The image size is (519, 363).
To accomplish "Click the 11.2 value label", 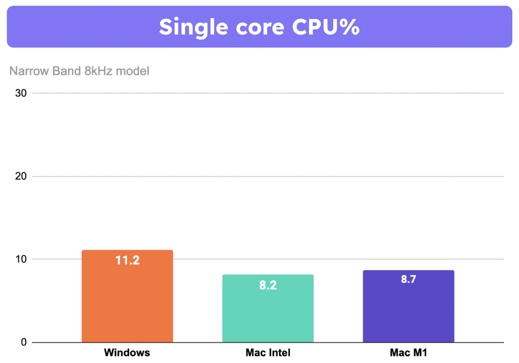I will tap(127, 260).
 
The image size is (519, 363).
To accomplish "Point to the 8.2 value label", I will tap(268, 285).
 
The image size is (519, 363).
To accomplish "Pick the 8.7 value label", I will tap(408, 280).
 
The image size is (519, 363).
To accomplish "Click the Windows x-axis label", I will tap(127, 353).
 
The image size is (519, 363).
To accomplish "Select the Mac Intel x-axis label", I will tap(268, 353).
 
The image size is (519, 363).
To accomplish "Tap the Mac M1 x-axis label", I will tap(408, 353).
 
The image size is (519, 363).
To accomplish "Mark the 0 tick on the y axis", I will tap(23, 342).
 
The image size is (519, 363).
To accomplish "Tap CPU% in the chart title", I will tap(326, 27).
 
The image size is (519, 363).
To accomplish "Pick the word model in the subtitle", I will tap(133, 71).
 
